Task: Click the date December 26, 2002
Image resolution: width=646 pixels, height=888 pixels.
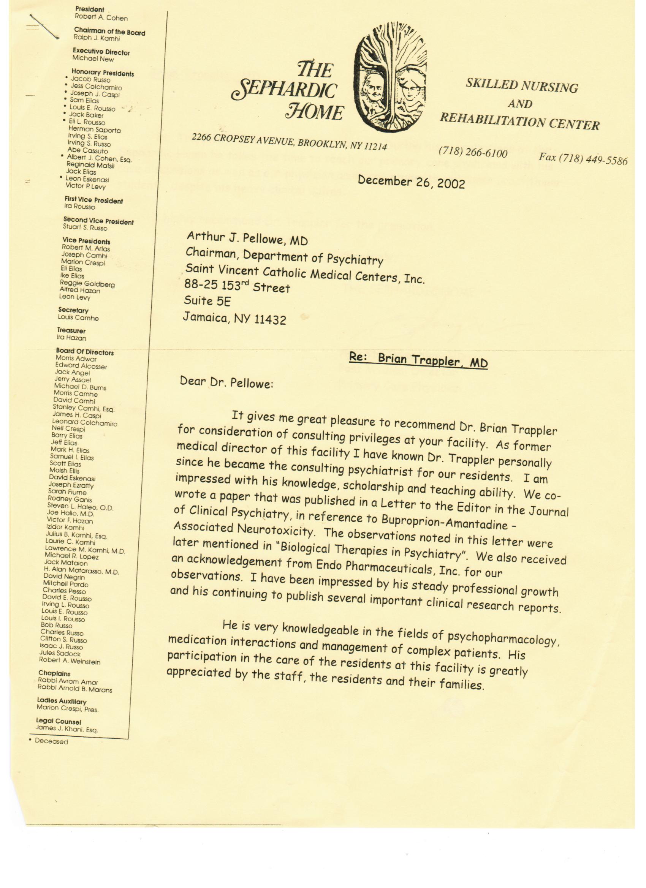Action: click(x=411, y=181)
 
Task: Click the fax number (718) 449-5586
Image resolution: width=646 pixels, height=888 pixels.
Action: click(x=583, y=159)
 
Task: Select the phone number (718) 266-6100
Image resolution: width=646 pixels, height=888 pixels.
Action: click(x=473, y=152)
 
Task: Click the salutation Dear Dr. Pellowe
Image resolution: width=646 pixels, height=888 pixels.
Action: click(x=226, y=382)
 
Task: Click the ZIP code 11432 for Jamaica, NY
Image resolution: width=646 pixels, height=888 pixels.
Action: click(x=270, y=320)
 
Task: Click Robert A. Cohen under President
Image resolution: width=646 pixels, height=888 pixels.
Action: click(x=101, y=17)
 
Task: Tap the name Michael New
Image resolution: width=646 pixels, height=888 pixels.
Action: click(x=93, y=59)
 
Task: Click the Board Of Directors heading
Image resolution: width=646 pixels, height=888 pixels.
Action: click(x=85, y=352)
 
